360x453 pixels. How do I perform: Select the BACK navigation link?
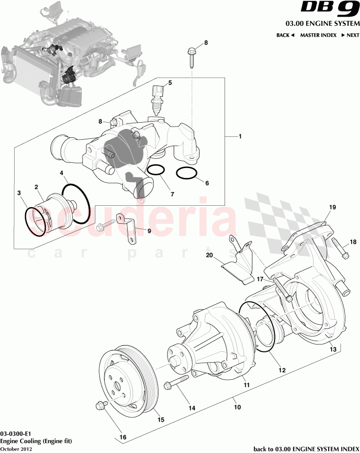(285, 35)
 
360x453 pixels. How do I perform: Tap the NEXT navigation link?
(350, 35)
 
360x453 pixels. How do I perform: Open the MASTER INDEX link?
(317, 35)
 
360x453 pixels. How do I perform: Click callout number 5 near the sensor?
(170, 83)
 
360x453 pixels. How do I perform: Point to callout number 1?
(240, 137)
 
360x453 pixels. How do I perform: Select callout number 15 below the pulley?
(160, 420)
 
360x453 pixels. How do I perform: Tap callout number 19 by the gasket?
(332, 208)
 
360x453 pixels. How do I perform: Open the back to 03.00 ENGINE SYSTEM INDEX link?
(306, 449)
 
